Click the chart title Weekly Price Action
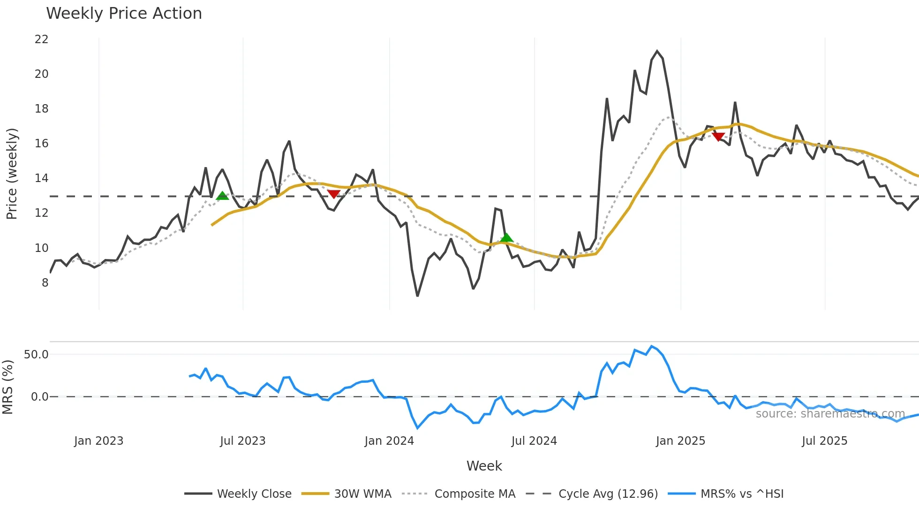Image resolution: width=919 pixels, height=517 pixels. point(124,14)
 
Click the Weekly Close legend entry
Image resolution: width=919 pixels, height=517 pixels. point(254,494)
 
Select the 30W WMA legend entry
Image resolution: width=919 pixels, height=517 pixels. point(362,494)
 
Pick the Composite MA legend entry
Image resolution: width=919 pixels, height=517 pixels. point(475,494)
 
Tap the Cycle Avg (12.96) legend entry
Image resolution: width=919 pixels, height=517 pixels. point(608,494)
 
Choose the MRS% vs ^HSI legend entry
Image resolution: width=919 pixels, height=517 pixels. point(742,494)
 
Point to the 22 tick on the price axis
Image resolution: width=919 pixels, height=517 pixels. point(42,39)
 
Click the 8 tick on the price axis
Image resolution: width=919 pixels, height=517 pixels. point(45,283)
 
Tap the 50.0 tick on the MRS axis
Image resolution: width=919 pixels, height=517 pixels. point(36,355)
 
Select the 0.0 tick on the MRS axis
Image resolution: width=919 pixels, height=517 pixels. point(39,397)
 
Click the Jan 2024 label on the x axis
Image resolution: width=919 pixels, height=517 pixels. point(389,441)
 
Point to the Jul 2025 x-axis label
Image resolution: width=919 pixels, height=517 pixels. point(824,441)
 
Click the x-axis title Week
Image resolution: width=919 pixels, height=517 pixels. point(484,466)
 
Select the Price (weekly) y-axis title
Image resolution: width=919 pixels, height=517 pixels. point(12,174)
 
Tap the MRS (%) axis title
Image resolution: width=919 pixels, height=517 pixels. point(8,387)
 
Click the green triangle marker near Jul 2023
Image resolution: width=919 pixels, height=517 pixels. point(222,196)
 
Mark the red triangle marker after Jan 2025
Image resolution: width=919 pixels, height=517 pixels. point(718,137)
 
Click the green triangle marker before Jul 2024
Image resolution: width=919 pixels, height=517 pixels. point(506,237)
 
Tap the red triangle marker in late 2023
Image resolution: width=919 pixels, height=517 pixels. point(333,194)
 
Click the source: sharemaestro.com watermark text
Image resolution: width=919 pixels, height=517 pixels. point(830,414)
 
